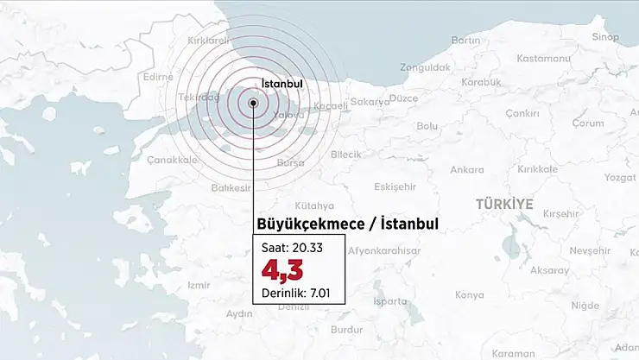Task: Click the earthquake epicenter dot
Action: click(x=253, y=103)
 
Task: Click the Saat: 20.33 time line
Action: click(x=285, y=249)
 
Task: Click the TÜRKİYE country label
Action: click(x=504, y=204)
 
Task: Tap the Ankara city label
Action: click(x=467, y=169)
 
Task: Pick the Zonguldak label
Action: click(x=426, y=66)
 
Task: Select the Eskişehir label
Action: click(x=395, y=186)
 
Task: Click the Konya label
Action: click(x=470, y=294)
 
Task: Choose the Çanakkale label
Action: click(x=173, y=160)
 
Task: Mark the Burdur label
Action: click(x=347, y=330)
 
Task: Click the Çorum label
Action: click(x=588, y=123)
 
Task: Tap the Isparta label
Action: click(x=390, y=301)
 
